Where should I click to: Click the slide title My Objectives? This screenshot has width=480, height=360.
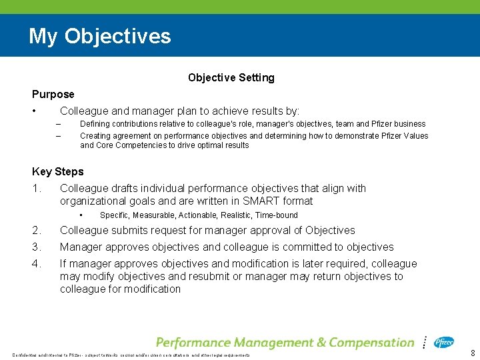pos(99,36)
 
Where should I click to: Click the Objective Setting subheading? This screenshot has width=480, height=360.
pos(231,78)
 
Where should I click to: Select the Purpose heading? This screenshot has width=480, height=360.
pos(53,95)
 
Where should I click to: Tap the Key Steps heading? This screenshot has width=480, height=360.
pos(58,172)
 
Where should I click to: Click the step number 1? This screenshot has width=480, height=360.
pos(36,189)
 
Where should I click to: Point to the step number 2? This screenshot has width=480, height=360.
pos(36,231)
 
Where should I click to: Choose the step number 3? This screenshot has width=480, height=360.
pos(36,247)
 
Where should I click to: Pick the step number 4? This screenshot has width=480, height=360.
pos(36,264)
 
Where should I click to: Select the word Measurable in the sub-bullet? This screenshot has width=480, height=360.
pos(156,215)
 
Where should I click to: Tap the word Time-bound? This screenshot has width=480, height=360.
pos(276,215)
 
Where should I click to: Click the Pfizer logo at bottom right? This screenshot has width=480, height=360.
pos(444,343)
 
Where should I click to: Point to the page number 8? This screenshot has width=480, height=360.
pos(473,353)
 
